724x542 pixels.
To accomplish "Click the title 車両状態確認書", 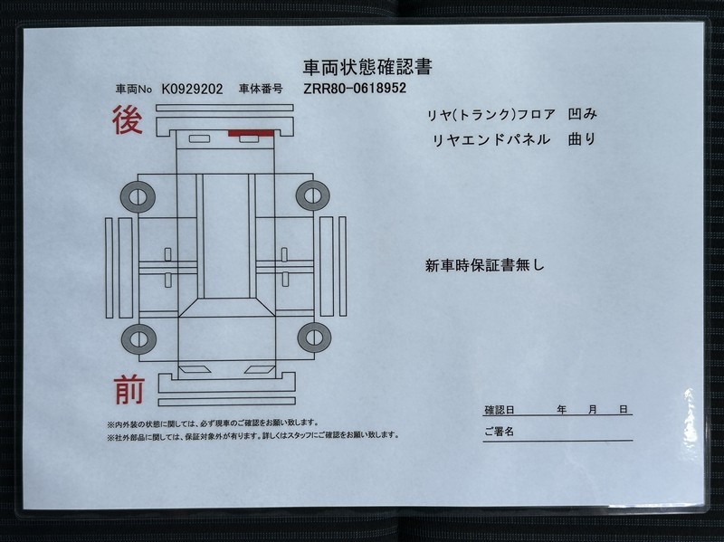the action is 367,67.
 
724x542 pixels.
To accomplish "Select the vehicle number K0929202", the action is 192,89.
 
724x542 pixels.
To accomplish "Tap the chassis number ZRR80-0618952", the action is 355,88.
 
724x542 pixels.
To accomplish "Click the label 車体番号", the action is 261,89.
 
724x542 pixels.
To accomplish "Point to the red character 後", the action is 128,119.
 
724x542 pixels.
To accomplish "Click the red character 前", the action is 129,390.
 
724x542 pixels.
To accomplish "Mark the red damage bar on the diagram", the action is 251,133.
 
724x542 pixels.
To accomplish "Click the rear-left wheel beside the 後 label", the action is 138,197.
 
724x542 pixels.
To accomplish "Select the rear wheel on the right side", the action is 312,195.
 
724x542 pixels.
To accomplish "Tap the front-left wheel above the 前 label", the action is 138,339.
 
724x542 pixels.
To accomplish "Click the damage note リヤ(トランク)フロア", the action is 491,115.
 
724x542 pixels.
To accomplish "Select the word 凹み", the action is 582,114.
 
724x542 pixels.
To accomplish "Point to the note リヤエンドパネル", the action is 491,139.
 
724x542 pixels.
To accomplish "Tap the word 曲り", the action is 582,139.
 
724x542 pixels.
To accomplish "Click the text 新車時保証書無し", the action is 485,265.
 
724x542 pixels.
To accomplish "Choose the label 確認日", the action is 500,410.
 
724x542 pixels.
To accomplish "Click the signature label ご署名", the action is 500,432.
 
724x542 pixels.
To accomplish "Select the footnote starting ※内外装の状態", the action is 213,423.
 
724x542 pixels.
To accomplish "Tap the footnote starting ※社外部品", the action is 253,435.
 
